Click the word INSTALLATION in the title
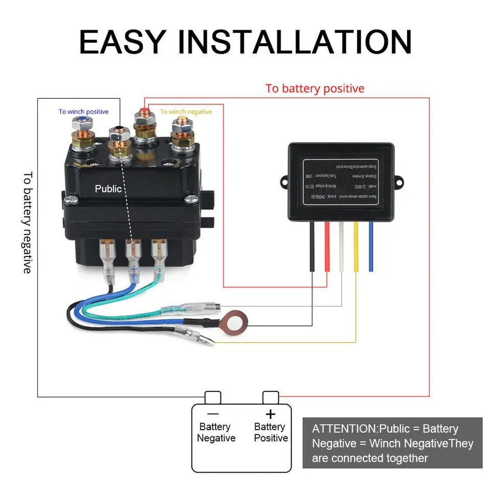point(295,42)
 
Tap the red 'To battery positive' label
point(315,88)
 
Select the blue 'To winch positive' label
point(83,111)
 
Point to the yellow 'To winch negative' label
point(186,111)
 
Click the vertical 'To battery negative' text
point(27,222)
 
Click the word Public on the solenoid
point(108,189)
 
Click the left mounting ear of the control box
point(284,181)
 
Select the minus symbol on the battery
point(213,414)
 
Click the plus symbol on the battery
point(271,414)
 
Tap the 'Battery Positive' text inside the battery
point(271,432)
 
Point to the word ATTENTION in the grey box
point(344,429)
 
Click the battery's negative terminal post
point(213,397)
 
